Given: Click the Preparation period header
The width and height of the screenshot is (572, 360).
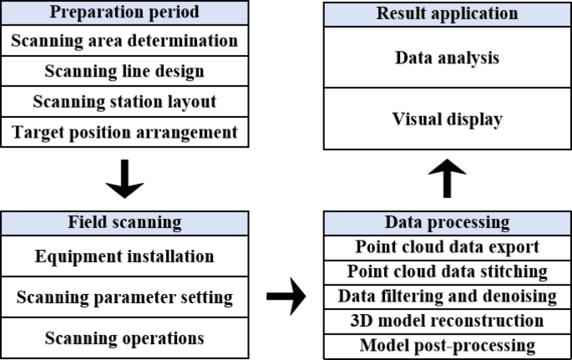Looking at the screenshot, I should [124, 13].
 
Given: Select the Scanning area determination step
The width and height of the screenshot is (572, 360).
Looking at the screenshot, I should [124, 40].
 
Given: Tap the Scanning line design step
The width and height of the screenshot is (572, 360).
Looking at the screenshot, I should [124, 71].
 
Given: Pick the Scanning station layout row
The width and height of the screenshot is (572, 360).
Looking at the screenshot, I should [124, 102].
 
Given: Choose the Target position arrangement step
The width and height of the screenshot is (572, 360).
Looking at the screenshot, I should [124, 132].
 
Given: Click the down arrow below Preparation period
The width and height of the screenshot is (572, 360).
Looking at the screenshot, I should [124, 178].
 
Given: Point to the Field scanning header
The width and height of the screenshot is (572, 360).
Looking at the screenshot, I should [124, 223].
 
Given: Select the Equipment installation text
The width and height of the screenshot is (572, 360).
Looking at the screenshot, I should [124, 256].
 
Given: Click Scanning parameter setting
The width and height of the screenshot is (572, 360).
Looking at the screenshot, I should [124, 297].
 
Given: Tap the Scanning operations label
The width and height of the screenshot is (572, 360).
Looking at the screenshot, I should [124, 338].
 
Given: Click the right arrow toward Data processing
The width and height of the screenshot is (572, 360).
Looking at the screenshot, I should [286, 297].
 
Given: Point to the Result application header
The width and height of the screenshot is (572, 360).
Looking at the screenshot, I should [448, 13].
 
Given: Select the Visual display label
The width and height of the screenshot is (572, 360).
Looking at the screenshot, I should [448, 119].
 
